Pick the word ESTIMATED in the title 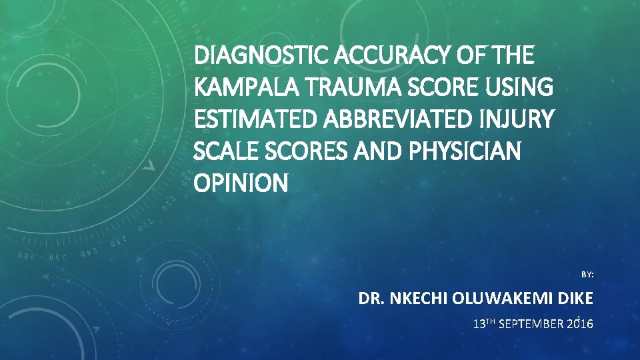(x=247, y=120)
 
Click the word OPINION (x=241, y=183)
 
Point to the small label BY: (x=587, y=274)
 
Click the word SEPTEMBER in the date (x=531, y=325)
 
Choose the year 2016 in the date (x=580, y=325)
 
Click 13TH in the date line (x=483, y=325)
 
